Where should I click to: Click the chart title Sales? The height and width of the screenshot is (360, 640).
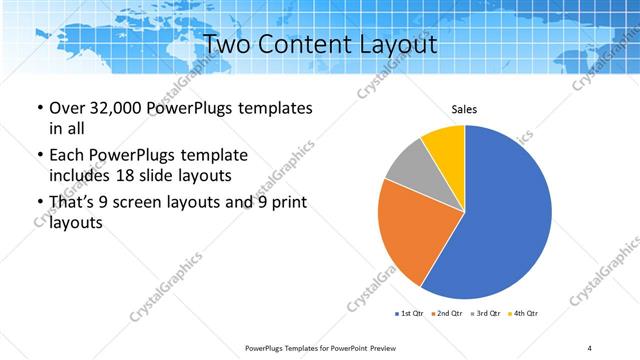(x=464, y=109)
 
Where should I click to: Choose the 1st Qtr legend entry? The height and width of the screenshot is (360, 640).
(x=409, y=314)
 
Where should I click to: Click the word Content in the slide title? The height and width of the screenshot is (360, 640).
(x=305, y=45)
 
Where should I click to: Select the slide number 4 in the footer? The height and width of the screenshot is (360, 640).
(x=590, y=347)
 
